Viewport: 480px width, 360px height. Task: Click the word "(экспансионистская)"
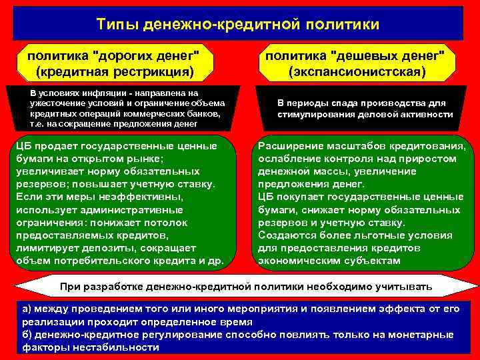click(x=357, y=70)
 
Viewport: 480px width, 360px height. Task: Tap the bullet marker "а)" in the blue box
click(x=27, y=309)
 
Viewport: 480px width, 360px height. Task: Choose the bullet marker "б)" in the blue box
click(x=27, y=334)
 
